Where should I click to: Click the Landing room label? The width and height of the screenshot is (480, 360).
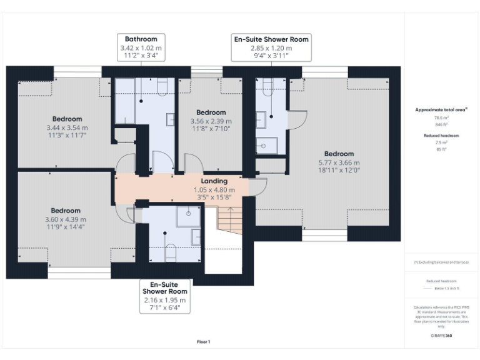(x=214, y=181)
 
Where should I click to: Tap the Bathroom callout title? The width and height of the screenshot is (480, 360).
(x=140, y=39)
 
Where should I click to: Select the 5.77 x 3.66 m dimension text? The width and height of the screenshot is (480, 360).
(x=339, y=162)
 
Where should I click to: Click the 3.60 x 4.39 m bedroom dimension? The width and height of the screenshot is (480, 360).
(x=66, y=219)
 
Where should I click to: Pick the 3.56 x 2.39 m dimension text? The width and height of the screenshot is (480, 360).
(x=211, y=121)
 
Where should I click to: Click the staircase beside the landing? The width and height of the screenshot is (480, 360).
(x=229, y=220)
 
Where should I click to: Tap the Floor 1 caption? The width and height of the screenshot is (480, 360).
(x=203, y=342)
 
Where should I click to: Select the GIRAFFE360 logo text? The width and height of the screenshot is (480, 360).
(x=441, y=336)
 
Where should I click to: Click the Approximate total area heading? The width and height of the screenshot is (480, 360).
(x=441, y=110)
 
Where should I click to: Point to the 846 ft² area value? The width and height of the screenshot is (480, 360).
(x=441, y=124)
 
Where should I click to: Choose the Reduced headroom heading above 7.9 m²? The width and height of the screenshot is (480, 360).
(x=441, y=135)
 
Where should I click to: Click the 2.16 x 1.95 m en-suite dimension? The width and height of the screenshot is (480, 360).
(x=164, y=300)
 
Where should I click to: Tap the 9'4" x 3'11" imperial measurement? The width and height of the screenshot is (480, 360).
(x=271, y=56)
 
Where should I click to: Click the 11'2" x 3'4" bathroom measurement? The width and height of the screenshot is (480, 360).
(x=140, y=56)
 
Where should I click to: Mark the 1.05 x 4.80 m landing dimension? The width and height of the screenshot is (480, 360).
(x=214, y=190)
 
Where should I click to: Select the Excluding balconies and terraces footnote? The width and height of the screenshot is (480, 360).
(x=441, y=262)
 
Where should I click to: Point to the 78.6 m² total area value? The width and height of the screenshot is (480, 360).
(x=441, y=117)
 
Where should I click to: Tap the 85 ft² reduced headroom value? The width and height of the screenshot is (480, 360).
(x=441, y=149)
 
